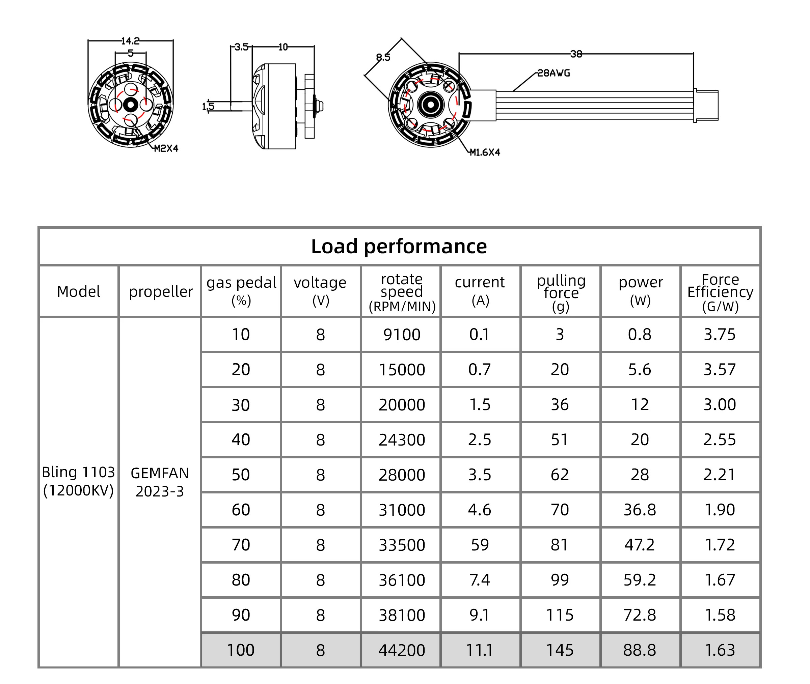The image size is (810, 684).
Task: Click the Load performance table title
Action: point(399,247)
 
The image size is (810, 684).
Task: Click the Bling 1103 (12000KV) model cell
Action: point(78,481)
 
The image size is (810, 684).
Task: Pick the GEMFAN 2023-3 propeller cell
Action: point(160,482)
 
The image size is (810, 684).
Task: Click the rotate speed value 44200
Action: point(402,650)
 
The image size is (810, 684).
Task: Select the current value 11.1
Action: point(480,650)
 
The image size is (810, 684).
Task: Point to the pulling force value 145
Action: point(560,650)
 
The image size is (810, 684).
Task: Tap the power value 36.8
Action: point(640,510)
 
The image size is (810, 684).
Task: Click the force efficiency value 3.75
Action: point(720,335)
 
